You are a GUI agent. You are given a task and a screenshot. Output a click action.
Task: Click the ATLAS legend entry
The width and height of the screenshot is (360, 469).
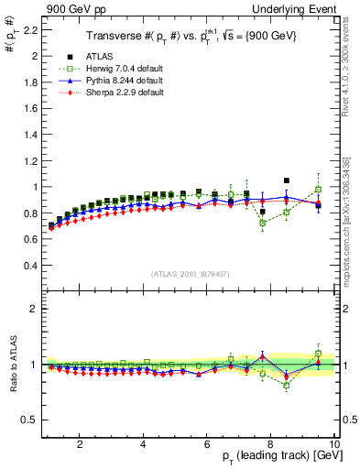pos(101,57)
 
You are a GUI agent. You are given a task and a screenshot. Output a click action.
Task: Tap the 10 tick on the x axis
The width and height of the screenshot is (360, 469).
pos(334,445)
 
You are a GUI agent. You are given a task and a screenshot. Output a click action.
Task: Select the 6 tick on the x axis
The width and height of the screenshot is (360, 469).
pos(207,445)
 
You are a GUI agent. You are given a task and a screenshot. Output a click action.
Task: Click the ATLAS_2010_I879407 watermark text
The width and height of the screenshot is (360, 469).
pos(191,274)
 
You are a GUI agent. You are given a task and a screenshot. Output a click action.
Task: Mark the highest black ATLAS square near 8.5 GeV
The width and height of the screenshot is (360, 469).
pos(287,180)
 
